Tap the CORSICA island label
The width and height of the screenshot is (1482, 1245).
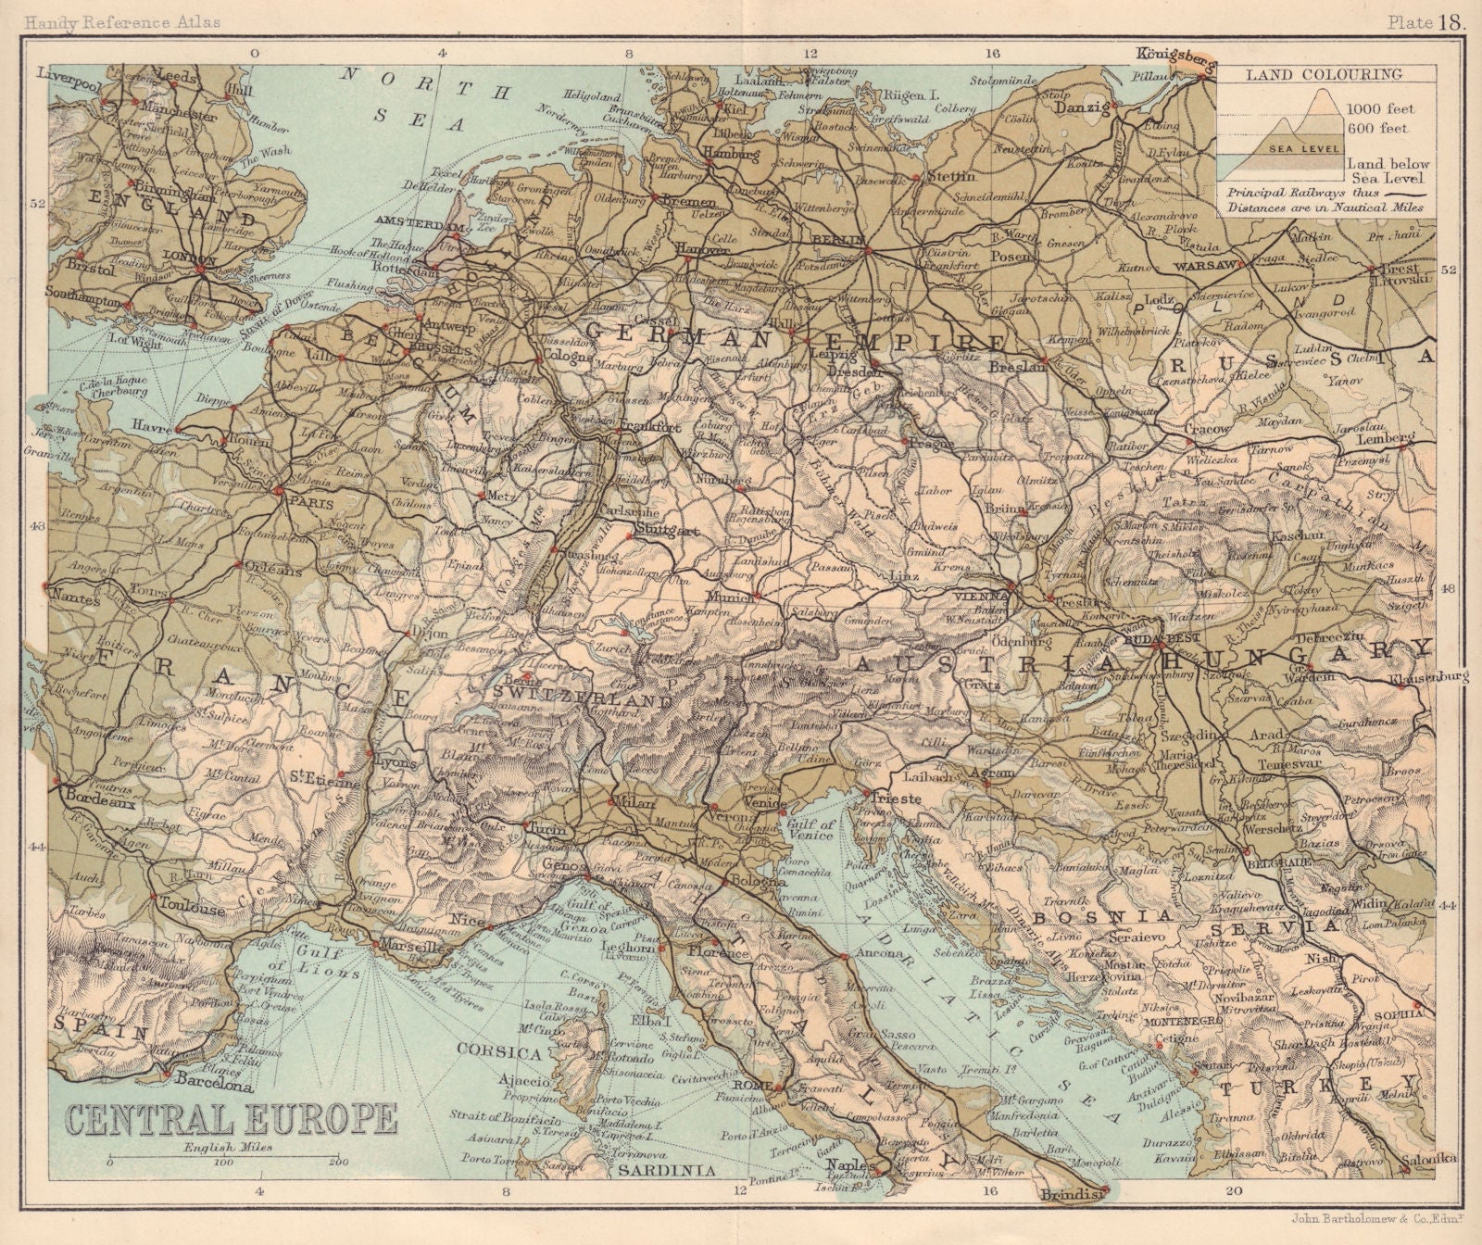(x=504, y=1053)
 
